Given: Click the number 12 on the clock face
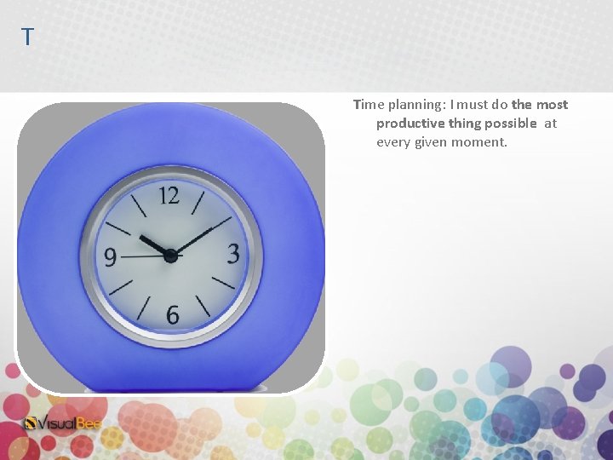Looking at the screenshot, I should (x=169, y=196).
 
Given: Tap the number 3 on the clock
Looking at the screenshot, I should (x=232, y=254).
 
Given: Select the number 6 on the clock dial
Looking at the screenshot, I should (x=172, y=315).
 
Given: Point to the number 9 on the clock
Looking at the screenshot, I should (x=111, y=256).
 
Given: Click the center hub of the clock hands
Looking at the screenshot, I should (x=170, y=255).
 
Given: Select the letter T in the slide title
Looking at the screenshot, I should (x=27, y=37).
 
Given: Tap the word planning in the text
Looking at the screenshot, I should (x=417, y=105).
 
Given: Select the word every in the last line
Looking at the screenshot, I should (x=393, y=142).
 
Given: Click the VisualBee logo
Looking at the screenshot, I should (x=64, y=423).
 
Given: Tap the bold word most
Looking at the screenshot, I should (x=552, y=105).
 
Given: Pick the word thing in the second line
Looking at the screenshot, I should (x=466, y=124).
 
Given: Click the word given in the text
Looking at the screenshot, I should (x=431, y=142).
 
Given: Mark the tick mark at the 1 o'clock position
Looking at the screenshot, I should (x=198, y=203).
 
